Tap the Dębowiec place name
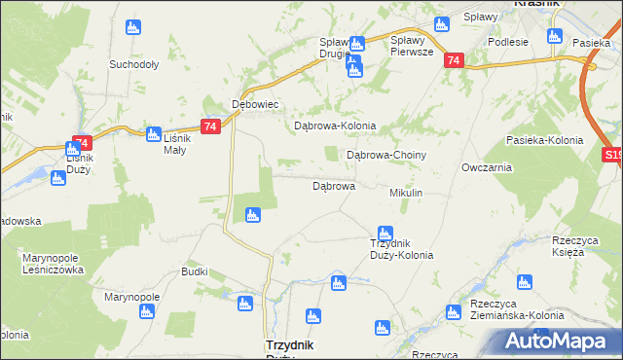(x=255, y=103)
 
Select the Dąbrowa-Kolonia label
(x=335, y=126)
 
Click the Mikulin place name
(x=406, y=194)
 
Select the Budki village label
(x=195, y=271)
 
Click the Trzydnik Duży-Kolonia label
(x=401, y=249)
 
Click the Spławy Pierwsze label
(x=417, y=46)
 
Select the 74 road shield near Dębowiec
(x=210, y=126)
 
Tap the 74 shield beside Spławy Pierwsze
(x=453, y=60)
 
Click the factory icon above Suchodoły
(x=133, y=27)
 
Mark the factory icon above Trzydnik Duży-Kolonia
(x=385, y=232)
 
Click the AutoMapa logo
(x=556, y=342)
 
